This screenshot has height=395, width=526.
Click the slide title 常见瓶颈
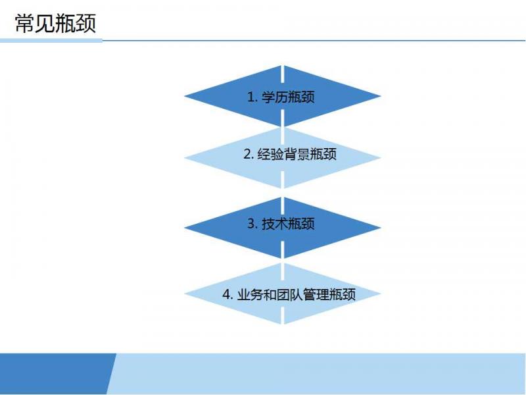coord(56,24)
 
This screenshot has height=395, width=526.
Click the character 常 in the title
coord(25,24)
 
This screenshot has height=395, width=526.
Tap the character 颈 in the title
coord(86,24)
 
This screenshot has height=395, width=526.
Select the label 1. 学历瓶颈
coord(281,97)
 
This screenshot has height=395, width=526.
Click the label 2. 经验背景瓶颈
coord(290,154)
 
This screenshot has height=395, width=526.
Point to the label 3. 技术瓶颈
coord(281,224)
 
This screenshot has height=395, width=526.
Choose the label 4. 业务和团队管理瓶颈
coord(289,294)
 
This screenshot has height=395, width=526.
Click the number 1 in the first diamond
coord(251,97)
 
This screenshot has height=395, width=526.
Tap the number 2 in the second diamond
coord(248,155)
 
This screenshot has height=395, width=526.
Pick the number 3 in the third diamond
coord(251,224)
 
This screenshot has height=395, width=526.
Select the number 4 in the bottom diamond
coord(226,295)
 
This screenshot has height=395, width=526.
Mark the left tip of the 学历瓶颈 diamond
coord(185,96)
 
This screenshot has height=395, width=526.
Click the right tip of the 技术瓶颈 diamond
coord(381,227)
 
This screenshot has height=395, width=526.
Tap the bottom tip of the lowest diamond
coord(284,325)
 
